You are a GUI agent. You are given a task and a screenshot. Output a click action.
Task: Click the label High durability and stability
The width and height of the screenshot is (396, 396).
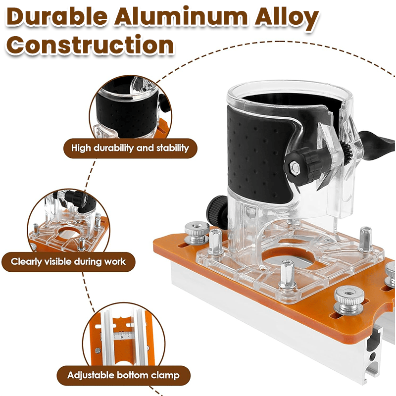tap(130, 148)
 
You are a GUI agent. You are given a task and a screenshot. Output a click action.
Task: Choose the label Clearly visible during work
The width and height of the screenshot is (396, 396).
tap(68, 261)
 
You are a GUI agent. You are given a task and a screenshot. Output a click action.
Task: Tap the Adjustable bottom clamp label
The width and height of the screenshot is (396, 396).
tap(123, 375)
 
